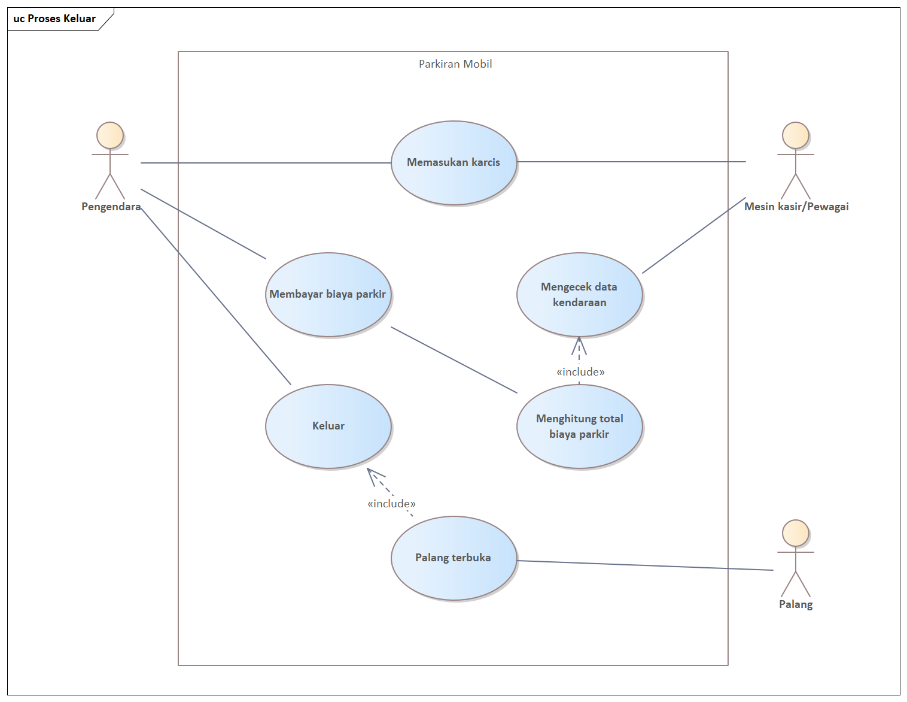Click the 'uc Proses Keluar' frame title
(54, 19)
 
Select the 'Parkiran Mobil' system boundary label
(455, 64)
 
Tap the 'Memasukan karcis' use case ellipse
(453, 162)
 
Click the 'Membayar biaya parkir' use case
(328, 294)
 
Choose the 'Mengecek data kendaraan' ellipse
(579, 294)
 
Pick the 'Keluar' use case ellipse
(328, 426)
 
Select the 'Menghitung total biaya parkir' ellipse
(579, 426)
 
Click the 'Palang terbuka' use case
(453, 558)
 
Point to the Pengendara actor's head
(110, 135)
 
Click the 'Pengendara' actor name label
(111, 207)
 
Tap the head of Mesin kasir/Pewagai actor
(796, 135)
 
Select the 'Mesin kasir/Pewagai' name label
(796, 207)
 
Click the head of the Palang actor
(796, 533)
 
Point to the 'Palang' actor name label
(796, 604)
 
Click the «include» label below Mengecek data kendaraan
(580, 372)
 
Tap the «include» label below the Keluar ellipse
(391, 504)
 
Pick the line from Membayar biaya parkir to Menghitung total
(454, 360)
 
